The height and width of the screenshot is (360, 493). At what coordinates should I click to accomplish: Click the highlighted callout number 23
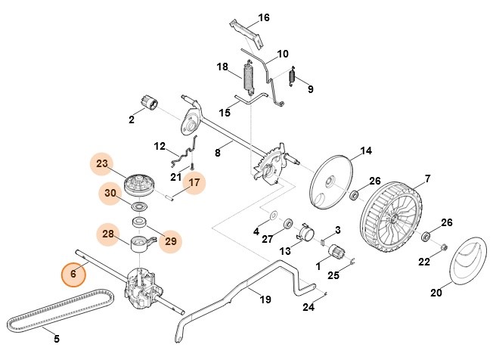(102, 163)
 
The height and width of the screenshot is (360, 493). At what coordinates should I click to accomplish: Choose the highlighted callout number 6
(73, 274)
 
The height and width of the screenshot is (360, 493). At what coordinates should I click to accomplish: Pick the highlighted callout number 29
(171, 241)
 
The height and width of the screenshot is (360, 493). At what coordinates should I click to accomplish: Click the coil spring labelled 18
(247, 79)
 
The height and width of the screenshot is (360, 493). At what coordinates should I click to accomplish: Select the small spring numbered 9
(294, 76)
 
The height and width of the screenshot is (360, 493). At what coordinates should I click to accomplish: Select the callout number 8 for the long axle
(218, 152)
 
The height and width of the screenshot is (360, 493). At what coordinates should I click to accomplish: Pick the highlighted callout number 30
(110, 193)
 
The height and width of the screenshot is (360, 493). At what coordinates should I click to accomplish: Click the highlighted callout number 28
(108, 234)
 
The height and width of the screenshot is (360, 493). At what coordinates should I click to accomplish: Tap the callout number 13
(284, 251)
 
